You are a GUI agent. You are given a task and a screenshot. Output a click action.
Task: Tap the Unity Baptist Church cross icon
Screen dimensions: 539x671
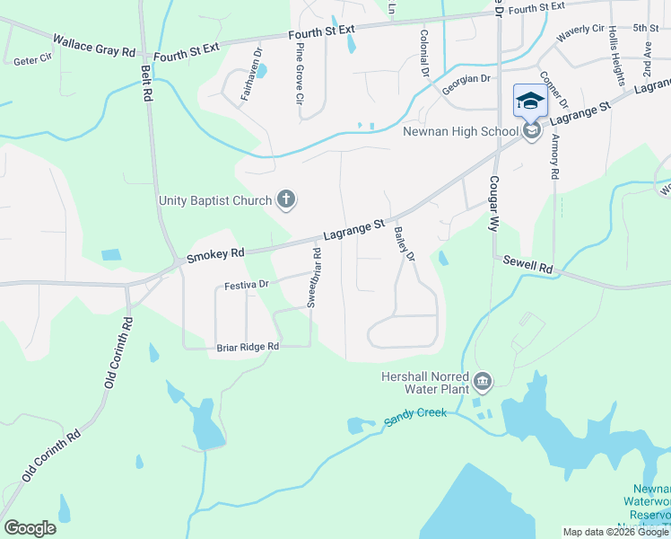[286, 199]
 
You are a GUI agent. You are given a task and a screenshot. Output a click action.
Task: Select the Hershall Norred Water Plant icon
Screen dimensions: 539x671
[483, 384]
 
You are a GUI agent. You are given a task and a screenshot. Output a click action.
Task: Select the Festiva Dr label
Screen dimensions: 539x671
[247, 286]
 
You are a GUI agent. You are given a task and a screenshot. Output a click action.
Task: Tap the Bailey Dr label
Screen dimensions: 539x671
[405, 244]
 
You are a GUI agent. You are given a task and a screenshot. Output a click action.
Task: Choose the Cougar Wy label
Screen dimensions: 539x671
[493, 203]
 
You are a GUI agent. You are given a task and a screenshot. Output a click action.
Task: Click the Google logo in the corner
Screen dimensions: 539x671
[30, 527]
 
